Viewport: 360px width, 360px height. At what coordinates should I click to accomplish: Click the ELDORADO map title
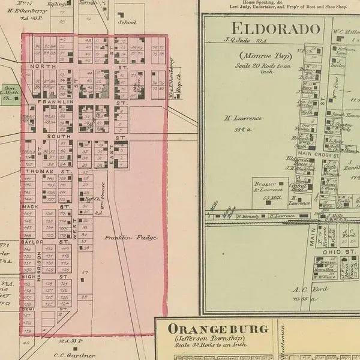275,28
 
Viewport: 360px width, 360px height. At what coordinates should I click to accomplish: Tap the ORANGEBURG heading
218,329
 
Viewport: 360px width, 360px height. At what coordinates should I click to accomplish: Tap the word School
127,22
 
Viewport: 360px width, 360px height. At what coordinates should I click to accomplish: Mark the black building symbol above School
121,14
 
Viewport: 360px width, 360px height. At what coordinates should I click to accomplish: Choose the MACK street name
30,206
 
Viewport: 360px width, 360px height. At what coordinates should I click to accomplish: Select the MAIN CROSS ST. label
326,155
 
